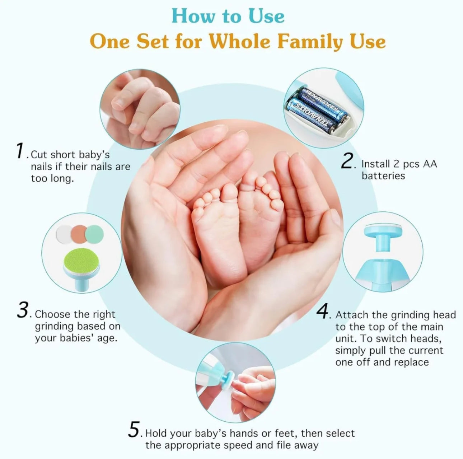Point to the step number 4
pos(322,311)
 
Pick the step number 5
pos(134,429)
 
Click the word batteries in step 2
pos(383,176)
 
